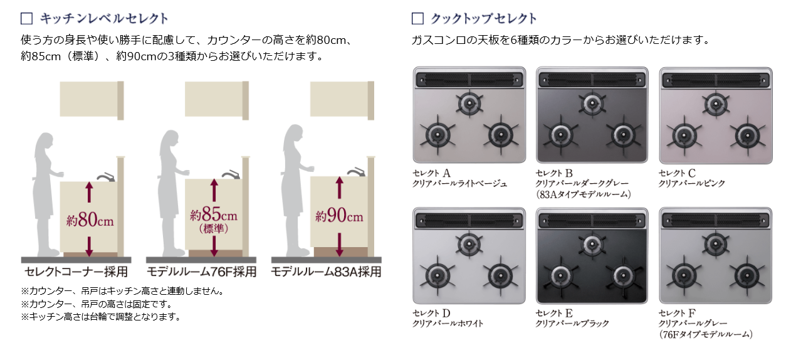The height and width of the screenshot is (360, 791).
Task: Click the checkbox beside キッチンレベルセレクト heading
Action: tap(26, 18)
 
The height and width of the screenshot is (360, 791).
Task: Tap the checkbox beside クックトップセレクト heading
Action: tap(417, 18)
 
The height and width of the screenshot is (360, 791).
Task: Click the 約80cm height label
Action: tap(90, 220)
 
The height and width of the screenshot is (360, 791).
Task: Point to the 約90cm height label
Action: tap(339, 217)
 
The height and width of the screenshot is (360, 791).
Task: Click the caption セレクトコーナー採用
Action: tap(76, 272)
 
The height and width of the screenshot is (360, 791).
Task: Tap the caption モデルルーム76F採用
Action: tap(201, 272)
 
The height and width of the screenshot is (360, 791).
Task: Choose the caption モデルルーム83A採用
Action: tap(326, 272)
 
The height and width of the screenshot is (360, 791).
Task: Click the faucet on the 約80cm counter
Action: tap(107, 176)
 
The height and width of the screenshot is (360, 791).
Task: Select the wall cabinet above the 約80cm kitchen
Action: tap(92, 99)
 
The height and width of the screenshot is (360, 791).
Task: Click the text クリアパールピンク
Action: tap(692, 184)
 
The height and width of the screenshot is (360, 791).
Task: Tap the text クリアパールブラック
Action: tap(572, 324)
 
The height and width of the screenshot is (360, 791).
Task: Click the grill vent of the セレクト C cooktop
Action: tap(715, 79)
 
